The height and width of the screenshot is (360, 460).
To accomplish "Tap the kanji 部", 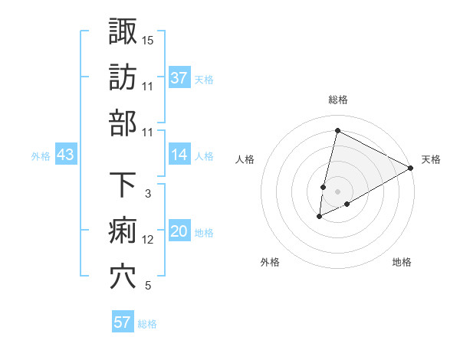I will [123, 123].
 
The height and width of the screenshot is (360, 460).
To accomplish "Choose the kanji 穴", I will [123, 277].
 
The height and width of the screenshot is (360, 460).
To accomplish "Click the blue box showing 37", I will [179, 78].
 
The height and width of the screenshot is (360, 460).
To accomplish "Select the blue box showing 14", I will [179, 155].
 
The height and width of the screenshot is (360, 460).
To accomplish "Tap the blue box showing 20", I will [179, 232].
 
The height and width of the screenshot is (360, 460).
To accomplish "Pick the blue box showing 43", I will [66, 155].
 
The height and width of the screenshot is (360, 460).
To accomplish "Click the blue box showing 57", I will [123, 322].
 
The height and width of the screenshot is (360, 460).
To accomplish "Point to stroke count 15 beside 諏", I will [148, 40].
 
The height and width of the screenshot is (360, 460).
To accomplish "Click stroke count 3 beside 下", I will [148, 194].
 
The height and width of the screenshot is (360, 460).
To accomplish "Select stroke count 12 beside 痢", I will [148, 240].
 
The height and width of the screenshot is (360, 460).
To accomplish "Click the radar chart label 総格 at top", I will [337, 100].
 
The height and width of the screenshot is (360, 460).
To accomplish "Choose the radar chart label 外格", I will [270, 263].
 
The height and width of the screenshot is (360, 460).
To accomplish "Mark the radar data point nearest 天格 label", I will [411, 169].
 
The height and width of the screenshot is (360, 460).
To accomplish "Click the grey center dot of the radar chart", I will [337, 191].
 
